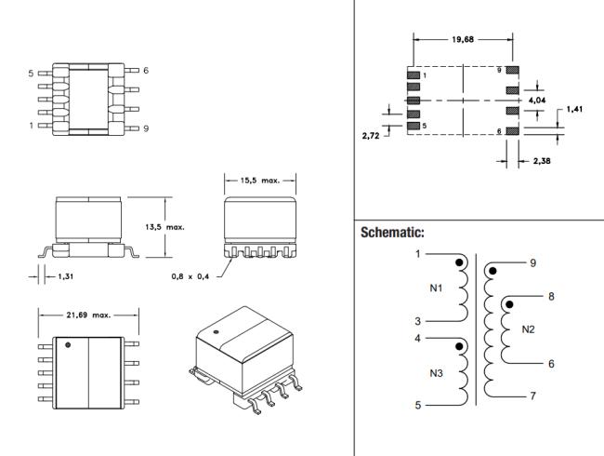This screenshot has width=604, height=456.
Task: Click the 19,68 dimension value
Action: coord(463,39)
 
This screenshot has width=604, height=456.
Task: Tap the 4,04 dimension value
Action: coord(537,101)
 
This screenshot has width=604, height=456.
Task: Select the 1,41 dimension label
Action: coord(574,109)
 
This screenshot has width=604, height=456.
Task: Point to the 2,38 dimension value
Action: coord(542,161)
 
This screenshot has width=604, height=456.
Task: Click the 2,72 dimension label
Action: coord(371,136)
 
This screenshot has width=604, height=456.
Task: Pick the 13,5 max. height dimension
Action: coord(164,227)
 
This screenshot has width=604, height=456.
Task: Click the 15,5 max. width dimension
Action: coord(260,181)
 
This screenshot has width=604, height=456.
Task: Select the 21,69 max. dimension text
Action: coord(88,315)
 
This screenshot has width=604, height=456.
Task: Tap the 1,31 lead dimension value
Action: coord(65,276)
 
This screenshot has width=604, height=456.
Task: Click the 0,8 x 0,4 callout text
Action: coord(190,276)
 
